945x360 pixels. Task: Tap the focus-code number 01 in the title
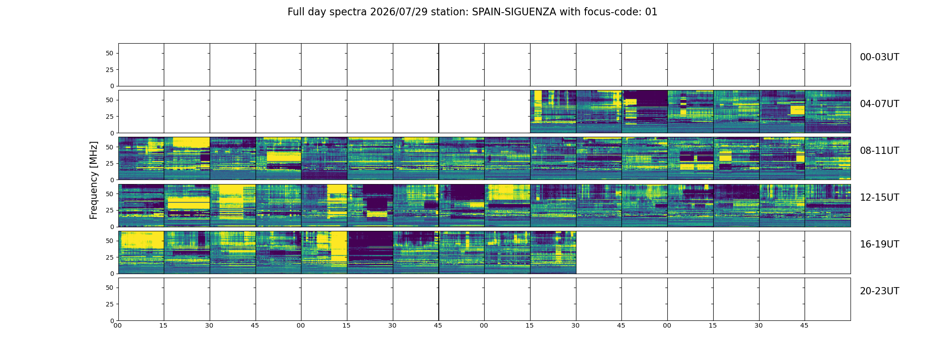coord(651,12)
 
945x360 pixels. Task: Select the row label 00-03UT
coord(879,57)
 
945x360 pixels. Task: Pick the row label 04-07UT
coord(879,104)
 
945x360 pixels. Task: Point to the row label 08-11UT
coord(879,151)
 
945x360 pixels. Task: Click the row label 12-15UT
coord(879,198)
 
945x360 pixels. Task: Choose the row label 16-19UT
coord(879,244)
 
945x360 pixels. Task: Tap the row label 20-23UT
coord(879,291)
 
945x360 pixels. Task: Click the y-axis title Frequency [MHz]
coord(94,180)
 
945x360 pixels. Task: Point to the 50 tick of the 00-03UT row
coord(110,53)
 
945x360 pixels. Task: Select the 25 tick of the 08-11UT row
coord(110,163)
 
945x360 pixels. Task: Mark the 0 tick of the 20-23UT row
coord(112,320)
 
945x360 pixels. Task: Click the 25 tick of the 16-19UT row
coord(110,257)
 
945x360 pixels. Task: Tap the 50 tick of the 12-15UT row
coord(110,194)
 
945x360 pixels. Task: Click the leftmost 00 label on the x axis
coord(117,325)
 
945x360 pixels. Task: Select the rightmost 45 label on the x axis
coord(804,325)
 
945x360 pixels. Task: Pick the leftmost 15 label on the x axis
coord(163,325)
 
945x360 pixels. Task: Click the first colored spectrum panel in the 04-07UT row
coord(553,112)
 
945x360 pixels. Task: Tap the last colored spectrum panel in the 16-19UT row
coord(553,252)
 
